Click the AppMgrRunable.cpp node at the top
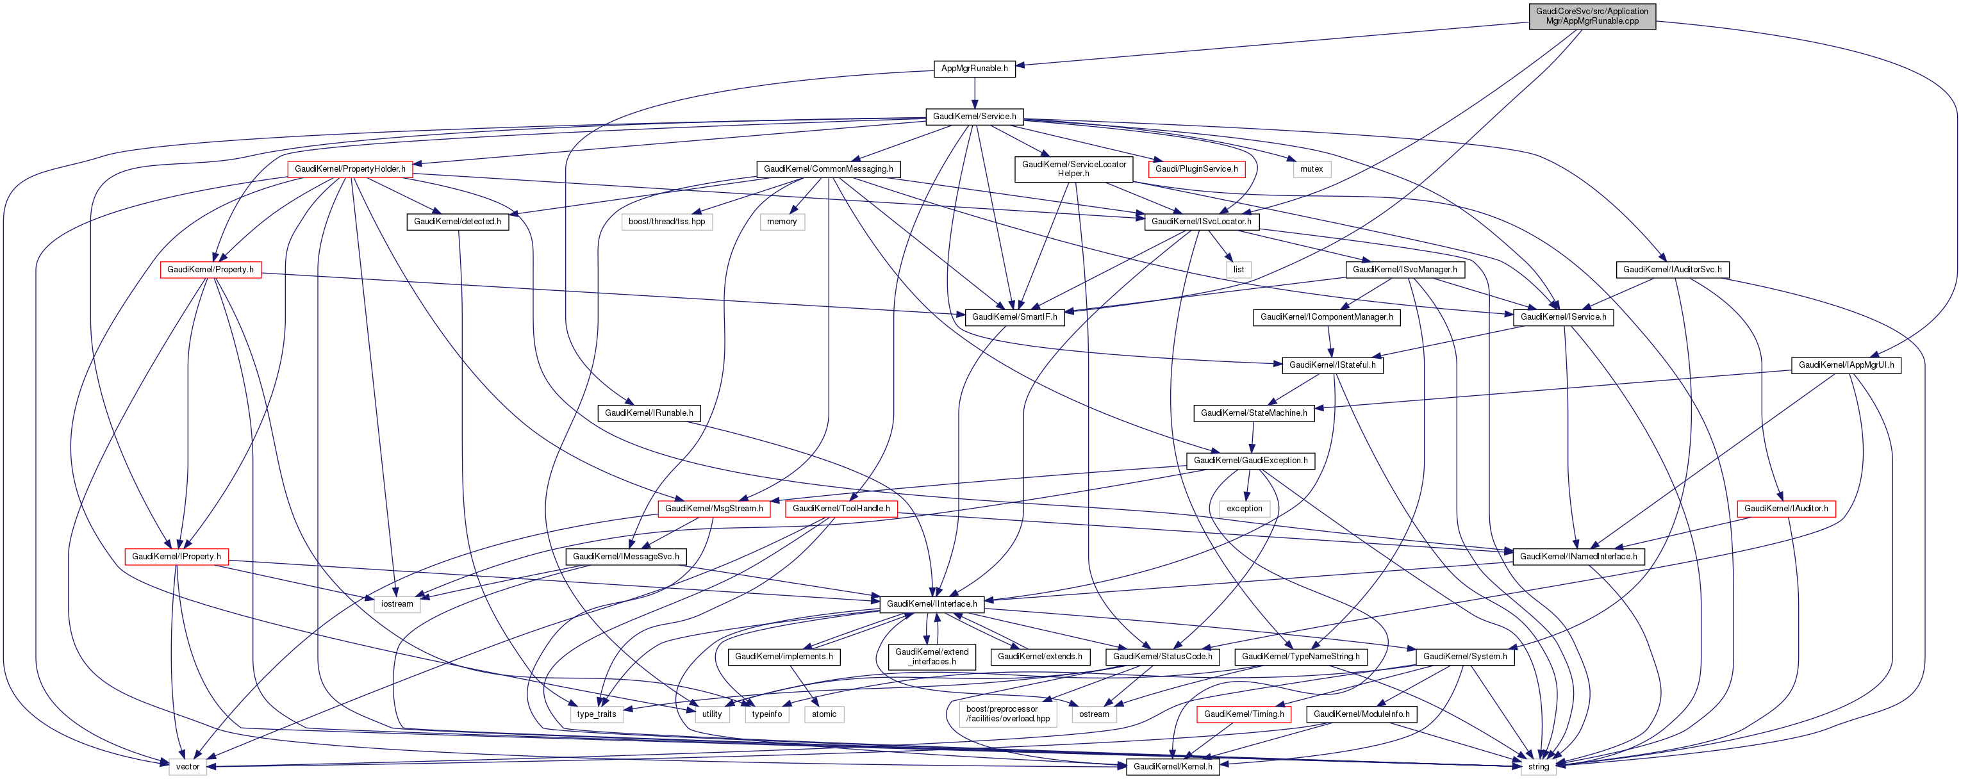point(1592,16)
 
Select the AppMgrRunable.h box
point(974,69)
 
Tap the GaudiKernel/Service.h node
point(974,117)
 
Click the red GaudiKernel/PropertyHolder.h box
point(349,169)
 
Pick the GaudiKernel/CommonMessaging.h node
point(828,169)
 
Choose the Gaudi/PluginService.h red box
point(1196,169)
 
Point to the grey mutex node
point(1311,169)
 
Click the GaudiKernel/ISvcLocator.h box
point(1201,222)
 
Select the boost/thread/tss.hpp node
point(666,222)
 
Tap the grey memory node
point(782,222)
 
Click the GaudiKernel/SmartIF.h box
point(1014,317)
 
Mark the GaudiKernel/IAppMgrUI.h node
point(1846,365)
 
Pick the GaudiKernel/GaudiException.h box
point(1250,460)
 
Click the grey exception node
point(1244,508)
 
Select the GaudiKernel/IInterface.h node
point(932,604)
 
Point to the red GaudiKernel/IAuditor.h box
point(1785,508)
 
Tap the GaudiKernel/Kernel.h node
point(1172,766)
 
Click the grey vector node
point(187,766)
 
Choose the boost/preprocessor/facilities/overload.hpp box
point(1007,714)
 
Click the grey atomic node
point(823,714)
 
